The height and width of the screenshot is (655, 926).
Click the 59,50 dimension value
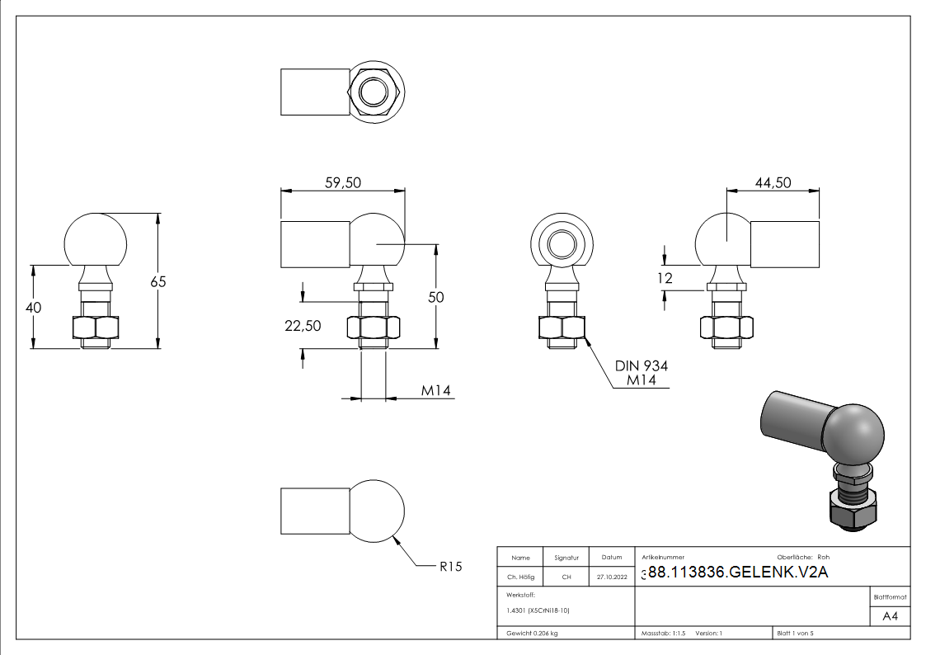341,183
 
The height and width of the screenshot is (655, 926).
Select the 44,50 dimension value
773,182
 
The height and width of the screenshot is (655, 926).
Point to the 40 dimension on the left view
34,307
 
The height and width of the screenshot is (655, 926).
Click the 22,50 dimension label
303,326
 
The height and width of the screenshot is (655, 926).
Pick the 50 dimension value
435,297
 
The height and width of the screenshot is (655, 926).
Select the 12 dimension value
665,279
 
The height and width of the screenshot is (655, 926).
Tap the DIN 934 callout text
641,365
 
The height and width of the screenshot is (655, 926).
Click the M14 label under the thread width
436,391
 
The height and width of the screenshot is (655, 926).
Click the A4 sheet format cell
890,616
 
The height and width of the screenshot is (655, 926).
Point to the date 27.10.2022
610,577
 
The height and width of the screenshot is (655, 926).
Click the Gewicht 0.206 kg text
532,633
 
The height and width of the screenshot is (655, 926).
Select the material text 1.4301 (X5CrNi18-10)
538,610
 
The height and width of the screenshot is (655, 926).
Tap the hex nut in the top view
374,91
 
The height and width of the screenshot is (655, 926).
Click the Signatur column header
566,558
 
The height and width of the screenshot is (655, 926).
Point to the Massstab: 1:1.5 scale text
664,633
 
